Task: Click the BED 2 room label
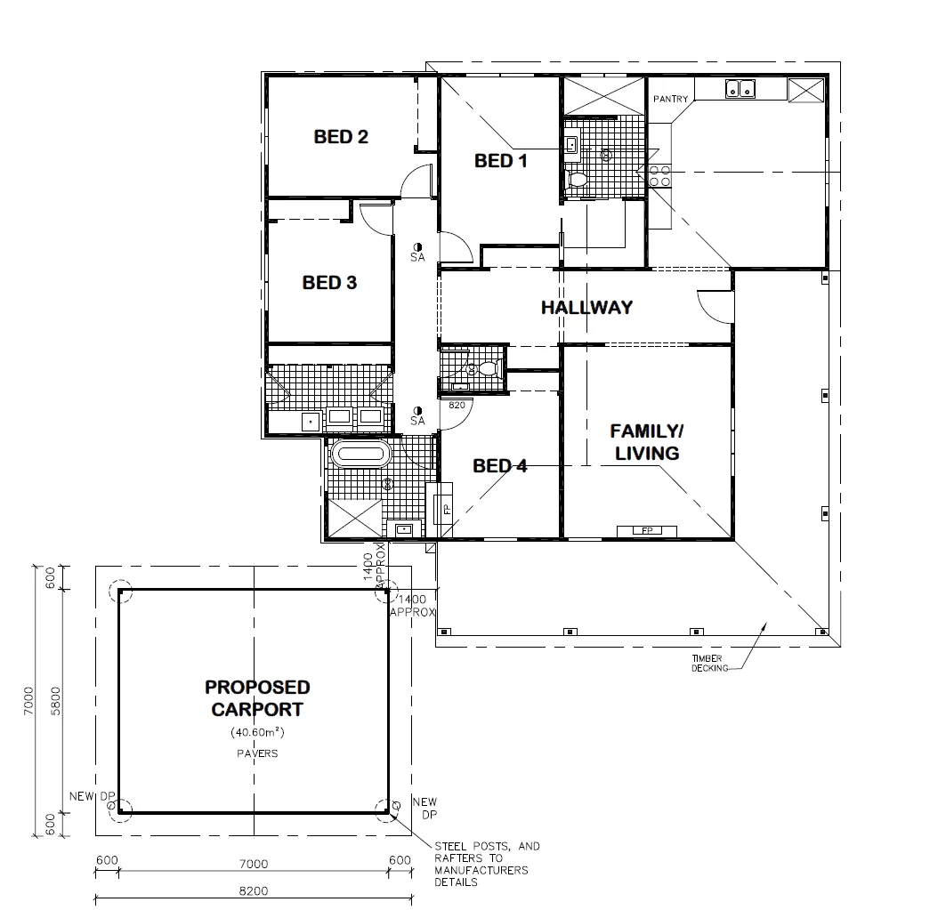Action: click(x=341, y=137)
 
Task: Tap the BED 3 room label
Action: click(x=329, y=283)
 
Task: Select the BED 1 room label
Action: click(x=500, y=161)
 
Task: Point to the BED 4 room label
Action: click(x=499, y=465)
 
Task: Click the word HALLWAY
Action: click(x=587, y=308)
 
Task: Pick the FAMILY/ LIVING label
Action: click(x=645, y=442)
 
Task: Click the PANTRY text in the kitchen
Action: click(x=670, y=100)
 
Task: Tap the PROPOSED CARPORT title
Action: click(x=257, y=698)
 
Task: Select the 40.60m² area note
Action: click(x=257, y=733)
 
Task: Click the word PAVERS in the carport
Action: click(x=257, y=753)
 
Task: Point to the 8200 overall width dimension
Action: click(x=254, y=890)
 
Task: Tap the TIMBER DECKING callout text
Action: click(x=709, y=663)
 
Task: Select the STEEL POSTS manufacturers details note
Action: click(x=486, y=864)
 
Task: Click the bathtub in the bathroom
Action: click(x=360, y=455)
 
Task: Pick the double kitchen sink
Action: click(x=740, y=88)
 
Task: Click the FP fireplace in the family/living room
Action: click(x=647, y=530)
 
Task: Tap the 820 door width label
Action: click(x=457, y=405)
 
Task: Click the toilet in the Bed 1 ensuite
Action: click(x=578, y=179)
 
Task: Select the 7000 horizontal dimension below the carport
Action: click(x=254, y=863)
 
